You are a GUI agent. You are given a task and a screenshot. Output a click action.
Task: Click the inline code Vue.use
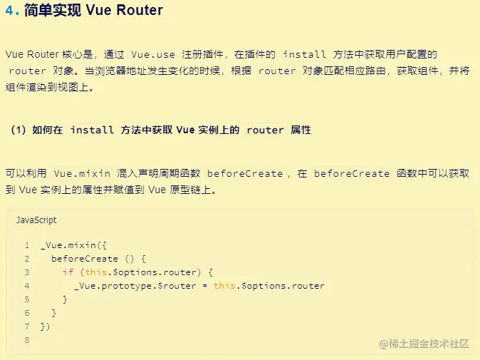[154, 54]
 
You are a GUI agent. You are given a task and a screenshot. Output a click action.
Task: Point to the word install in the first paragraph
[305, 54]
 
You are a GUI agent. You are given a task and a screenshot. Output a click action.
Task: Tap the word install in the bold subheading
[92, 130]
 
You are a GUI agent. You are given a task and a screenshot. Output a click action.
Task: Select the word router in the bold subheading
[265, 130]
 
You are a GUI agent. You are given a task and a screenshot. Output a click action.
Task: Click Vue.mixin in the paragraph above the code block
[83, 173]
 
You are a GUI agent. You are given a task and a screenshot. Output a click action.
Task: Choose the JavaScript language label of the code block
[36, 220]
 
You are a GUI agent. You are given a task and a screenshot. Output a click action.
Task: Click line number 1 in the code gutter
[26, 245]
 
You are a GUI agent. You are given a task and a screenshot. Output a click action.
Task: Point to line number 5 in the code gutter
[26, 299]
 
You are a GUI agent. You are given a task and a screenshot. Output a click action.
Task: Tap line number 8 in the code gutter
[26, 340]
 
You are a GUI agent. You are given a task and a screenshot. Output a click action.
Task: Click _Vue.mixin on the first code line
[71, 245]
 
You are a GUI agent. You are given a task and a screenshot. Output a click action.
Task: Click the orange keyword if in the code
[68, 272]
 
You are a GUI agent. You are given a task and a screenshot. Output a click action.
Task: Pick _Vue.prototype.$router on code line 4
[135, 286]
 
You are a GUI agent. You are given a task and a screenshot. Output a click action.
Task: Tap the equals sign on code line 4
[204, 286]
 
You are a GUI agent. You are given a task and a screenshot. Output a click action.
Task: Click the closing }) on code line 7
[46, 326]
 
